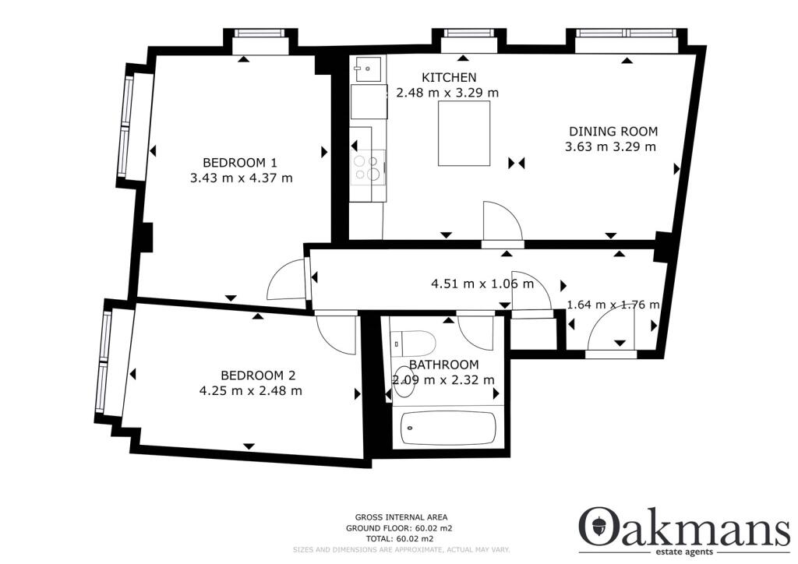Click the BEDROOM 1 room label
[x=240, y=163]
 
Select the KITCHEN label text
[x=448, y=77]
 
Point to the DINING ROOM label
[x=613, y=132]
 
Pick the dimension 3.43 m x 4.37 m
[x=241, y=178]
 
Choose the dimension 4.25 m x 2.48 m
[x=250, y=390]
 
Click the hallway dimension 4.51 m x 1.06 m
[x=482, y=284]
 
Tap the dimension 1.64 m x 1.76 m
[x=613, y=305]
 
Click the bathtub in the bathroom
[x=448, y=427]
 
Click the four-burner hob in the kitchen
[x=368, y=167]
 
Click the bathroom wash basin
[x=404, y=383]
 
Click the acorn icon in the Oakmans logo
[x=595, y=528]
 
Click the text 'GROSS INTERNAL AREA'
[x=401, y=517]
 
